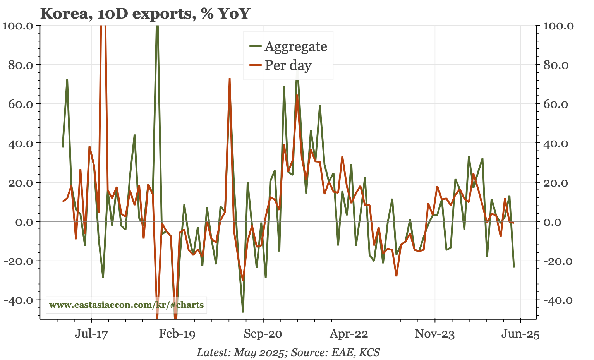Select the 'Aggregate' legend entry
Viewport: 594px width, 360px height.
tap(295, 46)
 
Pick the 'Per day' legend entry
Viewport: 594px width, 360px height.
tap(288, 65)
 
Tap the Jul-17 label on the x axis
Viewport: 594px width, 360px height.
tap(91, 334)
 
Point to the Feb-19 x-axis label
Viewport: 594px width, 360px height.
tap(177, 334)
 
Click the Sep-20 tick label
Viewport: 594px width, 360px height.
tap(263, 334)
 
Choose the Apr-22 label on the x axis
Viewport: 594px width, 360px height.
tap(349, 334)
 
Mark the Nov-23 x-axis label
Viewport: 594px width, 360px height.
tap(434, 334)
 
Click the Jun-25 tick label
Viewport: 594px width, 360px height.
tap(520, 334)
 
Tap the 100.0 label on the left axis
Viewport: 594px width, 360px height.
tap(19, 26)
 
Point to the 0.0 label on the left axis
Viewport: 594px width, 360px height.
tap(26, 222)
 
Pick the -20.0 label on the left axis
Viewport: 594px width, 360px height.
tap(21, 261)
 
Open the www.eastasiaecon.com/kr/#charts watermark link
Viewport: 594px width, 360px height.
tap(126, 305)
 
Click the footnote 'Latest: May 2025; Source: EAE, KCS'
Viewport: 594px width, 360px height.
tap(288, 352)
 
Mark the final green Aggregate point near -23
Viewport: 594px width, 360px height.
tap(514, 267)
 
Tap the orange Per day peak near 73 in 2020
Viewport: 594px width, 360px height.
tap(230, 79)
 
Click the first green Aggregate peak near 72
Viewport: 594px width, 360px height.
tap(67, 79)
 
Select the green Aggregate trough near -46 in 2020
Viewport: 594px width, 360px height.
tap(243, 312)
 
